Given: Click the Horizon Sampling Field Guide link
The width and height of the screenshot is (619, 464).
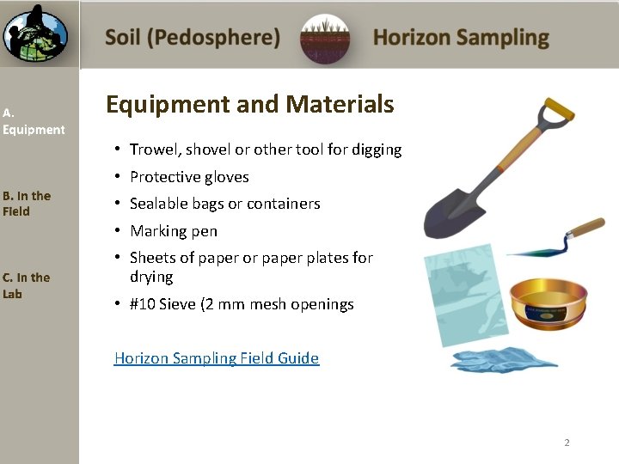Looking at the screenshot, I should pyautogui.click(x=217, y=358).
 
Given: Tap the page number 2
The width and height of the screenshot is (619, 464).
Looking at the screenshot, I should pyautogui.click(x=567, y=443).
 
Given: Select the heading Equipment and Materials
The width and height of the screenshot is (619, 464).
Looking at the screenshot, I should pyautogui.click(x=249, y=105).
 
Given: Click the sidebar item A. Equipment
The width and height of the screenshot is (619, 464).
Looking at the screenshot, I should pyautogui.click(x=33, y=121).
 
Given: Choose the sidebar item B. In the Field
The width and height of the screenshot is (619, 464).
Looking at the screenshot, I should pyautogui.click(x=27, y=204).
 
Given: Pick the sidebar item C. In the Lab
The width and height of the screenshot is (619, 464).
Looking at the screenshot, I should pyautogui.click(x=26, y=285).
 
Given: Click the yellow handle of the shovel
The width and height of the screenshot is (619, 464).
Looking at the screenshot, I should pyautogui.click(x=556, y=110).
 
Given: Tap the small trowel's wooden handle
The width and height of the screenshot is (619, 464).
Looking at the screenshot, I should pyautogui.click(x=585, y=229).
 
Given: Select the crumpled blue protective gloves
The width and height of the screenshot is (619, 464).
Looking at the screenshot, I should pyautogui.click(x=504, y=359).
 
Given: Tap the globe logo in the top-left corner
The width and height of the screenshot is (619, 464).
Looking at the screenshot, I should pyautogui.click(x=34, y=34).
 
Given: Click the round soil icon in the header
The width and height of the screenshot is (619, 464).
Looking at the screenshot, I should pyautogui.click(x=326, y=39).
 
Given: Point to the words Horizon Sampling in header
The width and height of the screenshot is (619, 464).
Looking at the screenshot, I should pyautogui.click(x=461, y=38).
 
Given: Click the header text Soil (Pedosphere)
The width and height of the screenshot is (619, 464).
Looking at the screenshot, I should pyautogui.click(x=193, y=38).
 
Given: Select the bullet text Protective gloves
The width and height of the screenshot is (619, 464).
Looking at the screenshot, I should pyautogui.click(x=189, y=177).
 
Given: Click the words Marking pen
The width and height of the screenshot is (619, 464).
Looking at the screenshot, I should pyautogui.click(x=174, y=231).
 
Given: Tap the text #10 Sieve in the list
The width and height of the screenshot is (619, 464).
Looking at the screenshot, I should pyautogui.click(x=162, y=304).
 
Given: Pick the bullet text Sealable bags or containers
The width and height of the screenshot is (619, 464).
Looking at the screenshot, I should pyautogui.click(x=224, y=204).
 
